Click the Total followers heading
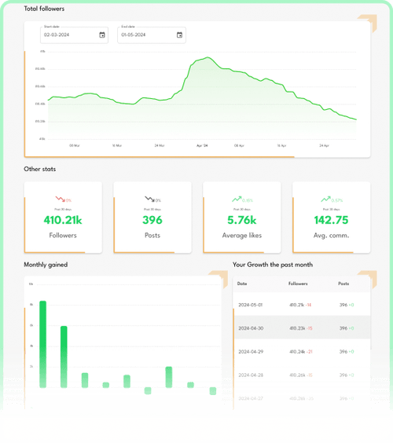pyautogui.click(x=44, y=9)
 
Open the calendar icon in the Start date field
pyautogui.click(x=102, y=35)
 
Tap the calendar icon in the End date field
pyautogui.click(x=179, y=35)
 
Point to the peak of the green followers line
pyautogui.click(x=207, y=57)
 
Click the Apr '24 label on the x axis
pyautogui.click(x=202, y=145)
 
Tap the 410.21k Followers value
pyautogui.click(x=63, y=221)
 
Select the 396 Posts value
pyautogui.click(x=152, y=221)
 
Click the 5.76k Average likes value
pyautogui.click(x=242, y=221)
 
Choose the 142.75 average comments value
pyautogui.click(x=331, y=221)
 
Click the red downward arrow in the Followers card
pyautogui.click(x=59, y=200)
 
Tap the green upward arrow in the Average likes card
pyautogui.click(x=237, y=200)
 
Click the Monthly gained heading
pyautogui.click(x=46, y=265)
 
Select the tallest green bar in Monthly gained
pyautogui.click(x=43, y=344)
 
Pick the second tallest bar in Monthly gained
pyautogui.click(x=64, y=357)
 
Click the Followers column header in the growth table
pyautogui.click(x=299, y=284)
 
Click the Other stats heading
pyautogui.click(x=40, y=169)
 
